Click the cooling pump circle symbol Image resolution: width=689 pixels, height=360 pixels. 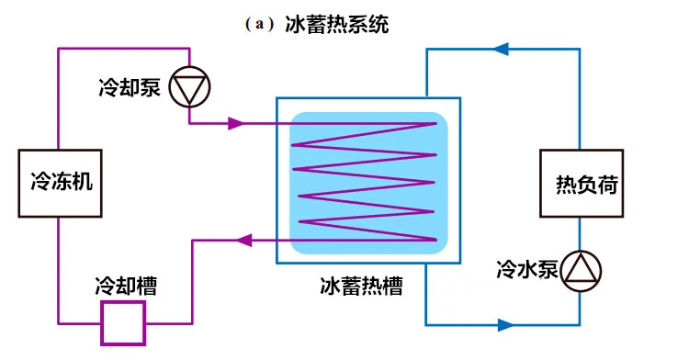click(191, 87)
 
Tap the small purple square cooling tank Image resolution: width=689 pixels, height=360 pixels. click(123, 322)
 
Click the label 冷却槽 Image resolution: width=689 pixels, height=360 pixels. click(125, 286)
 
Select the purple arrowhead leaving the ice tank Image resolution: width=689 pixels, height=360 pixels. click(244, 241)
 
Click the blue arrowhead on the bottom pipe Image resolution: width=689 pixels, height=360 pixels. click(503, 324)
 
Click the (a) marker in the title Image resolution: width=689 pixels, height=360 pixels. click(260, 25)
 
